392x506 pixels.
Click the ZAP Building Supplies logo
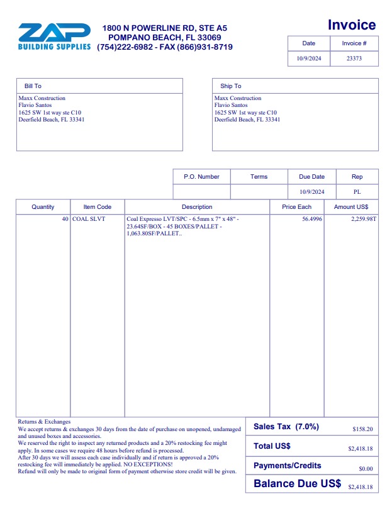click(x=54, y=37)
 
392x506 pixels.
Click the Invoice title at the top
click(x=352, y=25)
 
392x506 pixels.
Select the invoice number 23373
click(x=354, y=59)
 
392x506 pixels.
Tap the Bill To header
click(x=33, y=86)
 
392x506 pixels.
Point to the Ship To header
click(x=230, y=86)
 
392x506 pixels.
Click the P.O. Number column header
click(x=201, y=177)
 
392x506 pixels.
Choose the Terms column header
click(x=259, y=177)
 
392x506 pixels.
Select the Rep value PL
click(x=357, y=192)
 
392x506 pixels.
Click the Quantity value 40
click(x=65, y=219)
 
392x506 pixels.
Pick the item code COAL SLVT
click(x=89, y=219)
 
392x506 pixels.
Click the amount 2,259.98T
click(x=364, y=219)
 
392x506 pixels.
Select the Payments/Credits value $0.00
click(x=366, y=469)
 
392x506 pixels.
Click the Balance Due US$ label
click(x=297, y=484)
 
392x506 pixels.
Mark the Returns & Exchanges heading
click(x=44, y=422)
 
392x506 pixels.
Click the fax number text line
click(x=165, y=47)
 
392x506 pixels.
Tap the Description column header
click(x=197, y=207)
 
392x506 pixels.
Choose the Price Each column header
click(x=296, y=207)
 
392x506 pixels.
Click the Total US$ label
click(x=272, y=446)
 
